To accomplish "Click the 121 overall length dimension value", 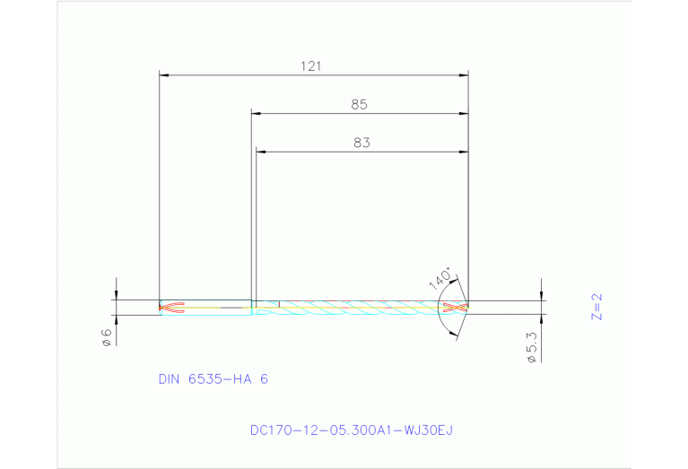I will [311, 65].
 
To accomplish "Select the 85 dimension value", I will [359, 104].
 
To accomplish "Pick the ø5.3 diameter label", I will [531, 348].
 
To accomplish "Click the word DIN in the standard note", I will [170, 379].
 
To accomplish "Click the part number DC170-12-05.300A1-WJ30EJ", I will [352, 430].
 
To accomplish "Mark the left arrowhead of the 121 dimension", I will [164, 75].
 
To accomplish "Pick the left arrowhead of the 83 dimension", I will [261, 152].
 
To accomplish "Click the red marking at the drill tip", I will [456, 308].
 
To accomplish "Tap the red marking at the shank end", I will [171, 308].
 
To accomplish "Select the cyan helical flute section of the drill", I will [359, 308].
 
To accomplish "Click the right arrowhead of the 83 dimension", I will [464, 152].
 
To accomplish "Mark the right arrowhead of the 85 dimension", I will [464, 114].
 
